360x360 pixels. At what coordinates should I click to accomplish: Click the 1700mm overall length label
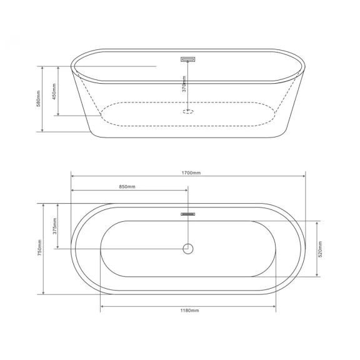coord(191,173)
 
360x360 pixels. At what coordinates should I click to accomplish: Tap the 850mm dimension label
coord(127,187)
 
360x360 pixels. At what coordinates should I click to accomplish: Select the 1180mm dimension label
coord(189,311)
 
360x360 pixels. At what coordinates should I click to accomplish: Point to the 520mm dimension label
coord(320,249)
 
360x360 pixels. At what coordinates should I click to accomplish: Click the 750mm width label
coord(39,248)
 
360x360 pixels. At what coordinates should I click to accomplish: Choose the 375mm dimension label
coord(54,226)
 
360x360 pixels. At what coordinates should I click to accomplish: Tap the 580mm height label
coord(38,99)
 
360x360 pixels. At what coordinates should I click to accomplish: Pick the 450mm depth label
coord(54,91)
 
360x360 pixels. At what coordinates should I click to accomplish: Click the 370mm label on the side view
coord(184,84)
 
